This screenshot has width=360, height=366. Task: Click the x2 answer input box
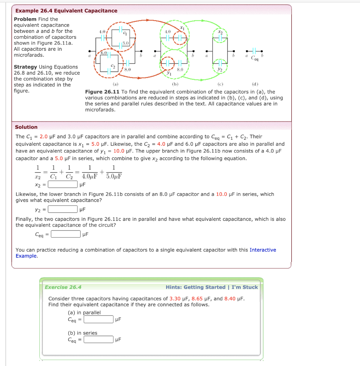63,184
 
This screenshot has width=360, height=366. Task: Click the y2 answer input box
63,209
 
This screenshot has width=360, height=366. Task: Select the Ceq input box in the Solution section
66,234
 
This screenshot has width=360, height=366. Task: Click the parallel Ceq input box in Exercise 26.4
99,319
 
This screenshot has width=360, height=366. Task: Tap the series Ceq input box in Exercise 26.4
99,340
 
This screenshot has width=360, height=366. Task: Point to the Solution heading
26,127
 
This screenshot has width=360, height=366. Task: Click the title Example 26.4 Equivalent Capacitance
66,11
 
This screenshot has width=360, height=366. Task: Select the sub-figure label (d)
255,85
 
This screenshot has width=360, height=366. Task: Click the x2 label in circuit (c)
220,32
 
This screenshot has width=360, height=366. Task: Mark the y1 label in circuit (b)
167,73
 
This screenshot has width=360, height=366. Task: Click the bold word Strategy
25,67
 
